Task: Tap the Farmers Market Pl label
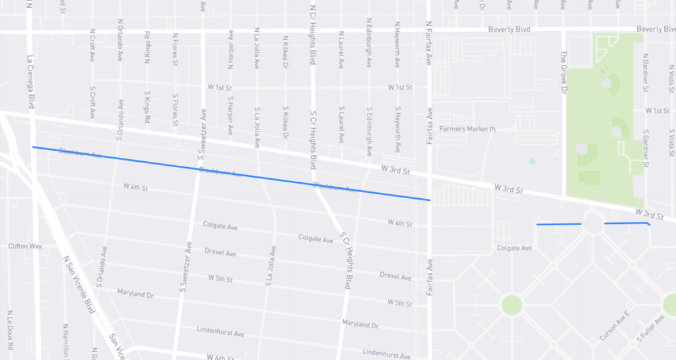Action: [467, 129]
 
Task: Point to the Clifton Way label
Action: [25, 246]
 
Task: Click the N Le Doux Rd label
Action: [10, 330]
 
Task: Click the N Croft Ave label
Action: [92, 46]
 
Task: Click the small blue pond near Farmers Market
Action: [532, 161]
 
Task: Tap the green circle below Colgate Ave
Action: [512, 305]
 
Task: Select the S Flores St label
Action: [176, 110]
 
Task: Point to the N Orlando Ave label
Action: [120, 43]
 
